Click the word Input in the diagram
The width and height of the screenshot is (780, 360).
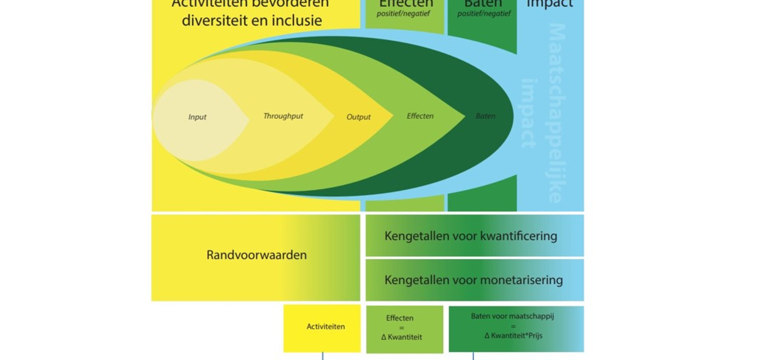(197, 117)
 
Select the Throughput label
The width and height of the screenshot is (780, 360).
(283, 116)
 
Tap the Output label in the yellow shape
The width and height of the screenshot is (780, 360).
(358, 117)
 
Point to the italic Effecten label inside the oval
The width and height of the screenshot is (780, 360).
(420, 116)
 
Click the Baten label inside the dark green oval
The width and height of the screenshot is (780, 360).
(485, 116)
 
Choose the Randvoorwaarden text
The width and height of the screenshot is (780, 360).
(256, 255)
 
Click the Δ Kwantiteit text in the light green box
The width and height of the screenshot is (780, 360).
(401, 337)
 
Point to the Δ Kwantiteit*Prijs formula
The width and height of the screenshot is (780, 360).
(513, 335)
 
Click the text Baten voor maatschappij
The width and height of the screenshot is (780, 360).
(512, 316)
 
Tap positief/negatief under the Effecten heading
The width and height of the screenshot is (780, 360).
(403, 13)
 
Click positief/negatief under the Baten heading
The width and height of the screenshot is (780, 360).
(483, 13)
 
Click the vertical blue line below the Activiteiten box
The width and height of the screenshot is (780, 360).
(322, 356)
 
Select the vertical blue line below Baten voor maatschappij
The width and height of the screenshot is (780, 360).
(473, 356)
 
